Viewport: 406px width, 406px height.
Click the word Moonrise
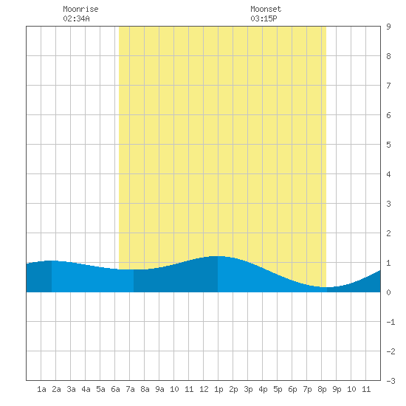80,9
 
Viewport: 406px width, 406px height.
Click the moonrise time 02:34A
76,18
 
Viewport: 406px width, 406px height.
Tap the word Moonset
266,9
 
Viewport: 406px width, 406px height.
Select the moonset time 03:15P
264,18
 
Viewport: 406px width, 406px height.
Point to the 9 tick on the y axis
388,27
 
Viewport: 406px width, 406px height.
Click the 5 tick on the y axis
388,145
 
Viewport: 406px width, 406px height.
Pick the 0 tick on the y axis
388,292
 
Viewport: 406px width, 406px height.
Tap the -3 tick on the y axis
390,381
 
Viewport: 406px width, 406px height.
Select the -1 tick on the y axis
390,322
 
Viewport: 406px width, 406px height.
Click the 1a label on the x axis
41,389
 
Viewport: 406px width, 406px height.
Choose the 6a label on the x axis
115,389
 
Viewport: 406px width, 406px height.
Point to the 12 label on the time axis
204,389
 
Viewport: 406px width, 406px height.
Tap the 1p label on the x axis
219,390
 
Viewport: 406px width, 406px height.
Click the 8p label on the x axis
322,390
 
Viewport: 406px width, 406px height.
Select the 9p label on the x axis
337,390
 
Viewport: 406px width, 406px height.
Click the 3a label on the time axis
71,389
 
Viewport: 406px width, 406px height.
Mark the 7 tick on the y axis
388,86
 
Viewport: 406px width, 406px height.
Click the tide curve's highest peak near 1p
218,256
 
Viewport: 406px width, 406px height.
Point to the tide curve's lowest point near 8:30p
328,287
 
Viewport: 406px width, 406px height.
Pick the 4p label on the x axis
263,390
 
